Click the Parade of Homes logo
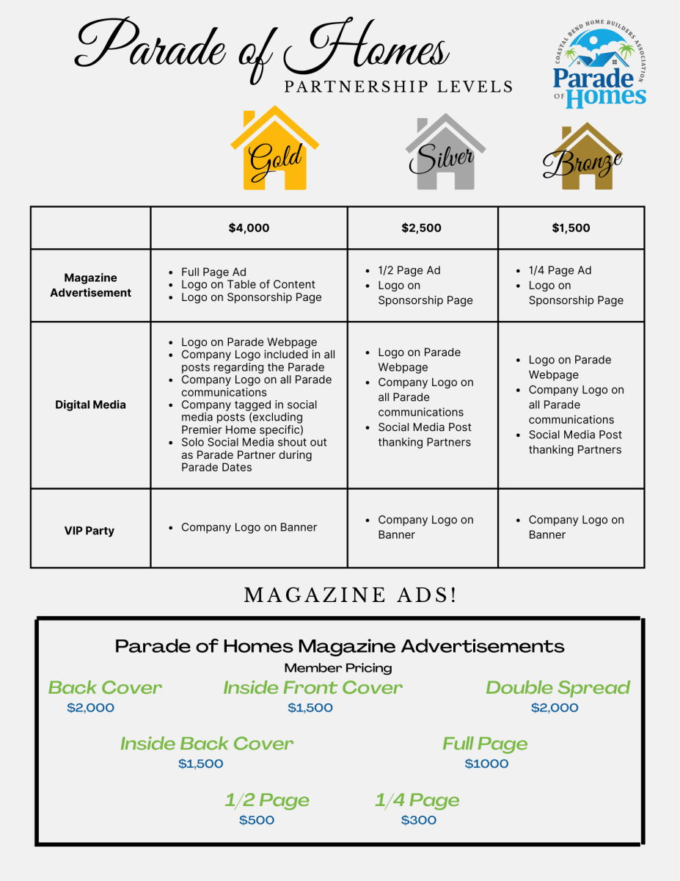tap(599, 66)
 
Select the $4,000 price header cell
tap(249, 228)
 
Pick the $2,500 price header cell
tap(422, 228)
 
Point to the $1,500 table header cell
tap(571, 228)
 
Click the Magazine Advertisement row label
tap(90, 285)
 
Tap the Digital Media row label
tap(90, 405)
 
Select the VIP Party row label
tap(89, 530)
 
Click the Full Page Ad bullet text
tap(213, 272)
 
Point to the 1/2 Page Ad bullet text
tap(409, 270)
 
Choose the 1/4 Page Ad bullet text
tap(560, 270)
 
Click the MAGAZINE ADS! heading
tap(350, 595)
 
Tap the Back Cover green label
tap(105, 688)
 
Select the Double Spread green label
tap(557, 688)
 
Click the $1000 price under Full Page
tap(486, 764)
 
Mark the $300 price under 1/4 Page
tap(418, 820)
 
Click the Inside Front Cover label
tap(312, 688)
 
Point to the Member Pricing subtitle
tap(338, 668)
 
